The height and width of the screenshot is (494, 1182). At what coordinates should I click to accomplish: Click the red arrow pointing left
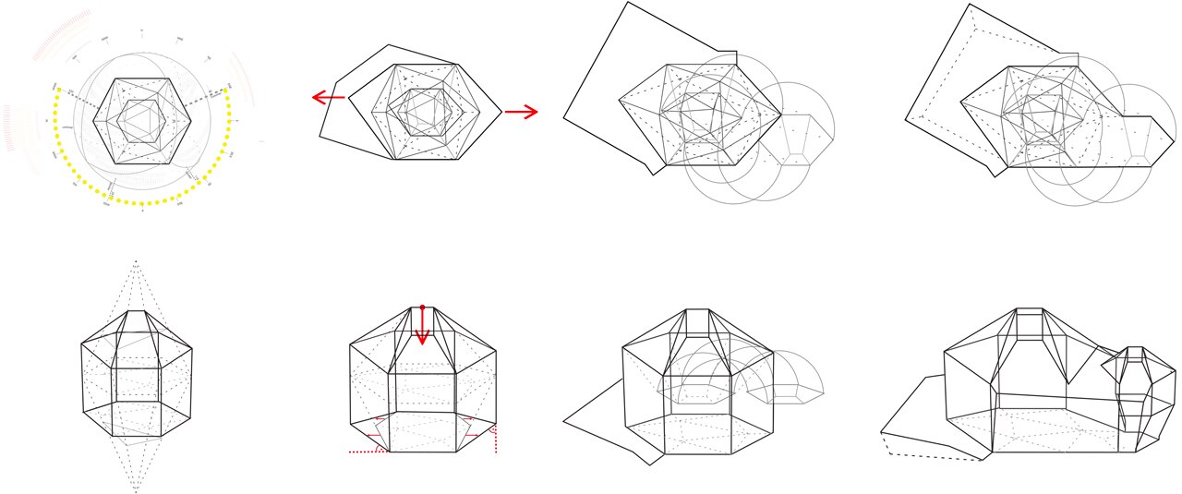coord(328,97)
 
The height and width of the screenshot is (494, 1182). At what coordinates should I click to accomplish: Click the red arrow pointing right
coord(522,112)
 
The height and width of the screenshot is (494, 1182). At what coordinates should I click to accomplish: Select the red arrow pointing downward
coord(422,328)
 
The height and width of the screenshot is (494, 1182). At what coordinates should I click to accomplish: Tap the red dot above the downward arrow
coord(422,306)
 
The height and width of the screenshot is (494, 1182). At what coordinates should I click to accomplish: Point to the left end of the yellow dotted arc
coord(57,90)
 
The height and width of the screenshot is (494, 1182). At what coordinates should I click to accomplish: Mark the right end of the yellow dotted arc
coord(226,90)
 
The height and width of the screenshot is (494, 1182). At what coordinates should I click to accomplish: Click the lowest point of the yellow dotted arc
coord(142,204)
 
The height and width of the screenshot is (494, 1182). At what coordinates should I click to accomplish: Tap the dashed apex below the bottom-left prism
coord(136,489)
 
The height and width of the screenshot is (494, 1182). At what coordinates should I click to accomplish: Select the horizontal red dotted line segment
coord(368,452)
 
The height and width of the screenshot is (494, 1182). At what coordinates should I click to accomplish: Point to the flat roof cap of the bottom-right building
coord(1029,312)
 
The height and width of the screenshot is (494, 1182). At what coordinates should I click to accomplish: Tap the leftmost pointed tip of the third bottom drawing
coord(564,421)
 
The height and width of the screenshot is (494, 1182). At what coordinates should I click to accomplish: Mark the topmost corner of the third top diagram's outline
coord(628,3)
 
